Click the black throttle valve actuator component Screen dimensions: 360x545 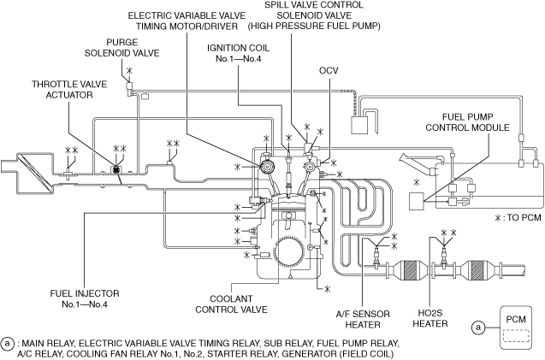tap(116, 171)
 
